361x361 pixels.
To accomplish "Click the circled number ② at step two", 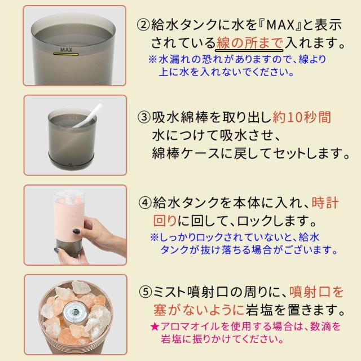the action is (x=143, y=25).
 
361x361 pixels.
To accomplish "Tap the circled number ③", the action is (x=144, y=117).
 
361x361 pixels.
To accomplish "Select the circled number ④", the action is (x=146, y=203).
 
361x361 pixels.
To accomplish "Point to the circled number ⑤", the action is (x=146, y=292).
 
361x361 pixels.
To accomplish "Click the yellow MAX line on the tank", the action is (x=66, y=54).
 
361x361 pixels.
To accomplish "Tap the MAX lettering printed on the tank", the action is (x=67, y=50).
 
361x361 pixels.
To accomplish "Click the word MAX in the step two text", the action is (x=280, y=25).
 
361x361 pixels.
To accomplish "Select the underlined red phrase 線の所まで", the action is (x=249, y=43).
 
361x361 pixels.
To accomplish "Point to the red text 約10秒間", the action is (x=302, y=117).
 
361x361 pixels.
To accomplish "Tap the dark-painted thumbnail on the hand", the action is (x=76, y=231).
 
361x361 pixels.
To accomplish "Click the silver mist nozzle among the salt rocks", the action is (x=74, y=312).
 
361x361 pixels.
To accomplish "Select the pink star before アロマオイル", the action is (x=155, y=326).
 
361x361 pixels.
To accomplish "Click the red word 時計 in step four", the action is (x=325, y=203).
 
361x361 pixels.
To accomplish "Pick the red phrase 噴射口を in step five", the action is (x=316, y=292).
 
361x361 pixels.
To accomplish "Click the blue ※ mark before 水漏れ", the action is (x=152, y=59).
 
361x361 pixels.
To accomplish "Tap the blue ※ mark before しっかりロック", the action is (x=154, y=237).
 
